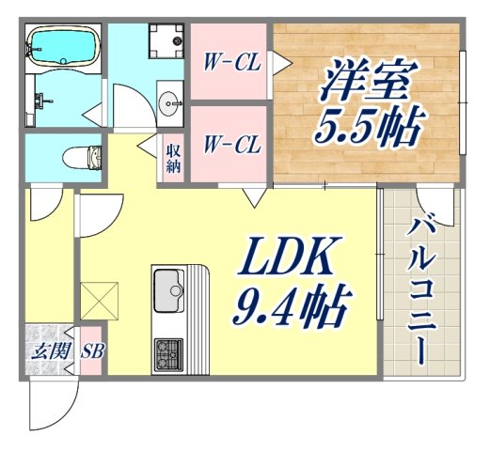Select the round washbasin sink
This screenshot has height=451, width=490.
[172, 102]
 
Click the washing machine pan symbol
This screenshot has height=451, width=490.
[168, 40]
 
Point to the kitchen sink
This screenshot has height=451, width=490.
[169, 286]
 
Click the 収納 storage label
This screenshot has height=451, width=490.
[174, 159]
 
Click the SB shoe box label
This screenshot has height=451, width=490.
[91, 352]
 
